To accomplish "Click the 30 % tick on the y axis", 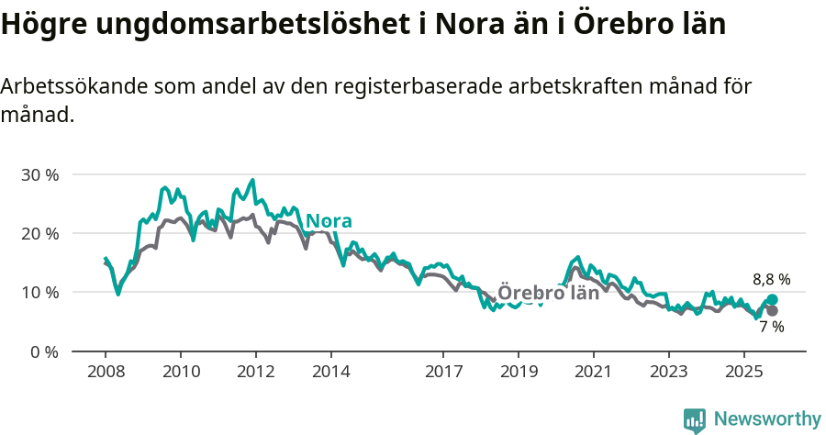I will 39,174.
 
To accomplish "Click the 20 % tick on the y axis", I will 39,233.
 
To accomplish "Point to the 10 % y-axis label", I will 39,292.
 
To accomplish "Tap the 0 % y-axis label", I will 44,351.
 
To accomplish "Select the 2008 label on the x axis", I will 106,373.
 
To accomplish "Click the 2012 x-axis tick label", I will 255,373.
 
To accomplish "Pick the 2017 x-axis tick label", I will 443,373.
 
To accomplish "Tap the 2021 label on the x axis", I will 593,373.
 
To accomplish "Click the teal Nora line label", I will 329,221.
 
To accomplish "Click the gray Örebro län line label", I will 548,293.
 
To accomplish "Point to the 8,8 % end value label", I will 771,279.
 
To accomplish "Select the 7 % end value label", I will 771,327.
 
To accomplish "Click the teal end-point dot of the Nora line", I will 772,299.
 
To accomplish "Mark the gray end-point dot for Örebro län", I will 772,310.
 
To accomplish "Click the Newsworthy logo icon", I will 695,419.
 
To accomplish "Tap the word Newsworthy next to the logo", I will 767,419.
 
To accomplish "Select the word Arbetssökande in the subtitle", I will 74,87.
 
